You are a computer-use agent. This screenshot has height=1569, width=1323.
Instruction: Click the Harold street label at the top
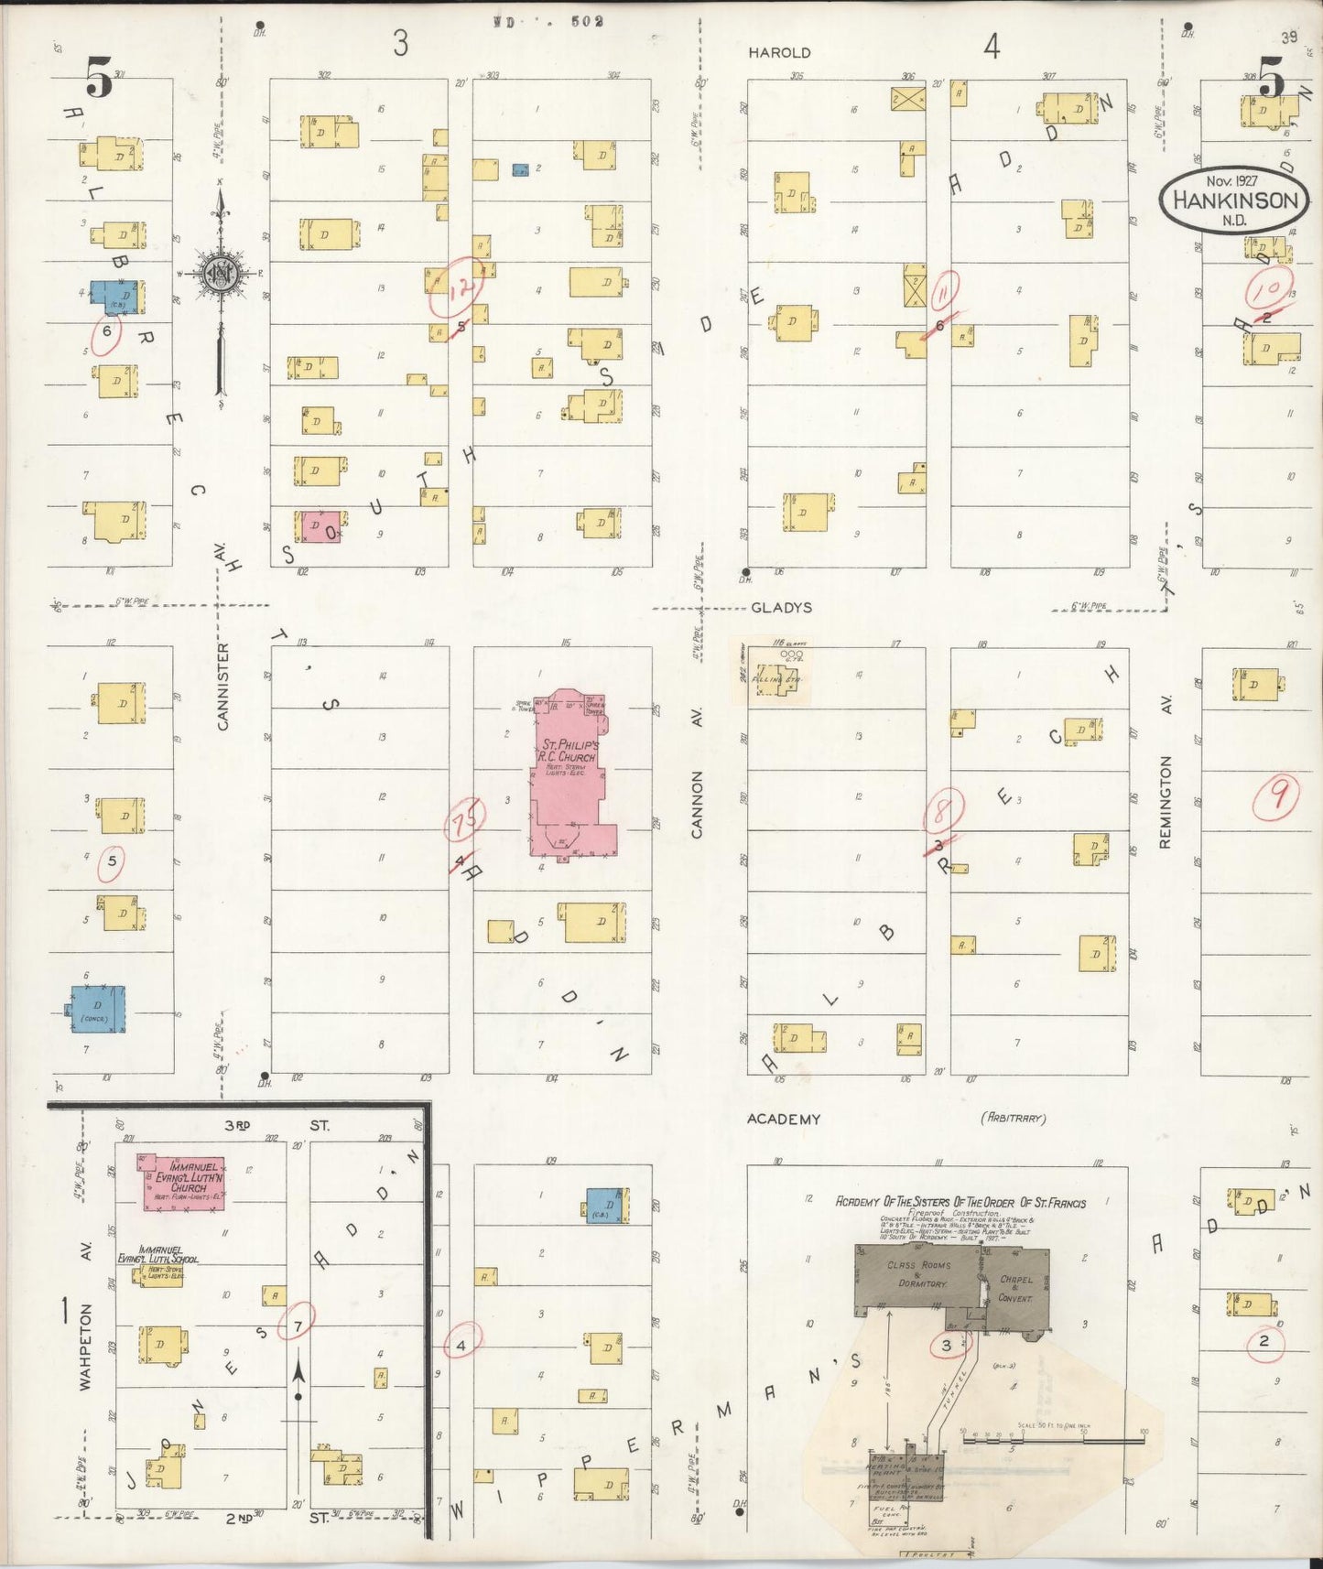point(779,53)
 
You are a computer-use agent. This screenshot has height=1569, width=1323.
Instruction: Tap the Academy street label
point(783,1119)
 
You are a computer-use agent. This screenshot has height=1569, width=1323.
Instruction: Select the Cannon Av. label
point(697,804)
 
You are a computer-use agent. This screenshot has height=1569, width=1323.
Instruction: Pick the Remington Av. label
point(1166,802)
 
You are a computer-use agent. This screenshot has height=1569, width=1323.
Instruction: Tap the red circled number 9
point(1276,795)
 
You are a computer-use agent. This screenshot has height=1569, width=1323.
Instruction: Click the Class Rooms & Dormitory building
point(916,1275)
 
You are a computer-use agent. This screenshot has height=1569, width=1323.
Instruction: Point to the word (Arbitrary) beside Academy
point(1013,1118)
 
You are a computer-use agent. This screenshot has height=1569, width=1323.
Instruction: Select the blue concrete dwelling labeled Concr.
point(98,1010)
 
